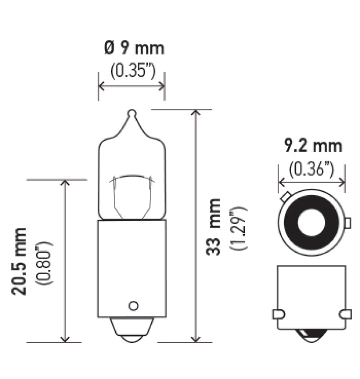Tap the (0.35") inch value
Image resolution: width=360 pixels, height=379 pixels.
click(x=131, y=71)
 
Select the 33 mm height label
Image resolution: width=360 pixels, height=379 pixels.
click(x=214, y=227)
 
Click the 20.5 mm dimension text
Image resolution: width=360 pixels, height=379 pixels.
click(x=19, y=261)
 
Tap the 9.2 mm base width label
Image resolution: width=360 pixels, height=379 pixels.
click(x=312, y=146)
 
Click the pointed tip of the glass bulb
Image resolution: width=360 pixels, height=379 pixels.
click(x=131, y=113)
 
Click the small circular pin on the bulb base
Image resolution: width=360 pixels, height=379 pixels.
click(x=132, y=306)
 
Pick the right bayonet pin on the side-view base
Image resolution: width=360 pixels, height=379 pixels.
click(x=345, y=314)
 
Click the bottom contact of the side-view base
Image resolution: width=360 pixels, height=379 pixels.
click(x=311, y=335)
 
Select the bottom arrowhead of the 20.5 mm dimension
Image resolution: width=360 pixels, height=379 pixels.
click(x=66, y=338)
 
